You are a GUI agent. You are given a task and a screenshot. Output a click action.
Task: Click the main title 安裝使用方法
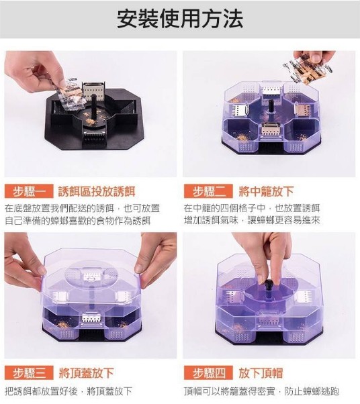180,19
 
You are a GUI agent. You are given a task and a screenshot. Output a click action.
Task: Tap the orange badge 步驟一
29,191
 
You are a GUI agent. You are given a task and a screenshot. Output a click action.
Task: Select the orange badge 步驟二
208,191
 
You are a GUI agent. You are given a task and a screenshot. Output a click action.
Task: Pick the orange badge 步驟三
29,372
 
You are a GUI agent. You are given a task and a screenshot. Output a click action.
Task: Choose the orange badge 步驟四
208,372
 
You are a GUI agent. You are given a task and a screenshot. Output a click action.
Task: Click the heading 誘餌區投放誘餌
97,191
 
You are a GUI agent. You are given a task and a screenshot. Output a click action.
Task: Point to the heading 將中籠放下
267,191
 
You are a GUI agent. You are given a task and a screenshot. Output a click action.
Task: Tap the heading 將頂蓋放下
87,373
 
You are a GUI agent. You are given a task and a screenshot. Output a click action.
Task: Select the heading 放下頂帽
261,373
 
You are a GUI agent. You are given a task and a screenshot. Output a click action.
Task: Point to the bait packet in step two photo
307,69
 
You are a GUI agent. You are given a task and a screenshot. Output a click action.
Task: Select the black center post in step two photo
271,107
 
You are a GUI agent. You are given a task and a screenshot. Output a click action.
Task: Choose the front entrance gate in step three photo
91,318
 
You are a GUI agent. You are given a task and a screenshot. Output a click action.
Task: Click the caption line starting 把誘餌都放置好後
69,391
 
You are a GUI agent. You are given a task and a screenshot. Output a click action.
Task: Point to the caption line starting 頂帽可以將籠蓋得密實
261,391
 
